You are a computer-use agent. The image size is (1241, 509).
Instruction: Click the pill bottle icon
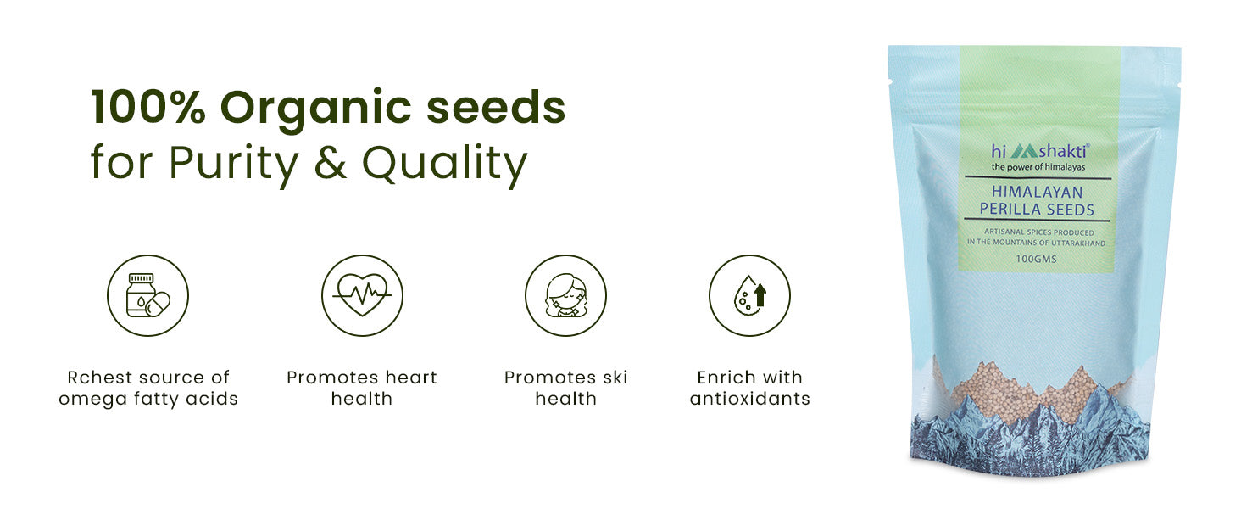pyautogui.click(x=148, y=295)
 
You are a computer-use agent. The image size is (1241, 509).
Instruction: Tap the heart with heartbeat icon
pyautogui.click(x=362, y=295)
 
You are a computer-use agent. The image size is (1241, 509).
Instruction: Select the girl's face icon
pyautogui.click(x=565, y=295)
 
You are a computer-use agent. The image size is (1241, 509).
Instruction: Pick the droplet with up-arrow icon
pyautogui.click(x=749, y=295)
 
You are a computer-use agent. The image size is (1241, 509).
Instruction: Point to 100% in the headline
pyautogui.click(x=148, y=106)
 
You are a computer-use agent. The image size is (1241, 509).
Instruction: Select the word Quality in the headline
pyautogui.click(x=444, y=164)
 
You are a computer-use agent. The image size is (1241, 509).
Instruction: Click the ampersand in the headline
pyautogui.click(x=331, y=163)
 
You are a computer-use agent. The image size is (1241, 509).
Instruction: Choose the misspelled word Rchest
pyautogui.click(x=104, y=378)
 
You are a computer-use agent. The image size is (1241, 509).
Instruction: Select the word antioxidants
pyautogui.click(x=749, y=399)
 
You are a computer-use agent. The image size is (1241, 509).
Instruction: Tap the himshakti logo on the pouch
pyautogui.click(x=1040, y=151)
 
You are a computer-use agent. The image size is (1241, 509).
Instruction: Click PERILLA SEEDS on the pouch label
pyautogui.click(x=1037, y=210)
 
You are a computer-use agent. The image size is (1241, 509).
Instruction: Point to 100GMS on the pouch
pyautogui.click(x=1036, y=259)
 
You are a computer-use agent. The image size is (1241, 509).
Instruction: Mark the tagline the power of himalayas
pyautogui.click(x=1038, y=167)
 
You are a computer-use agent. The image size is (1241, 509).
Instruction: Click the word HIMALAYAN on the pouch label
pyautogui.click(x=1037, y=193)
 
